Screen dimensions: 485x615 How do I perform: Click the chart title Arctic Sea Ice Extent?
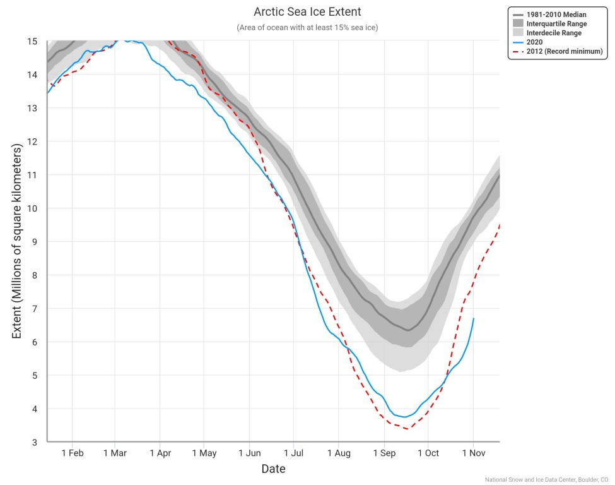tap(307, 12)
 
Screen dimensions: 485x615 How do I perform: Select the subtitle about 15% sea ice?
tap(307, 28)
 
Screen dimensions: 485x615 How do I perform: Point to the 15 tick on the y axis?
tap(33, 42)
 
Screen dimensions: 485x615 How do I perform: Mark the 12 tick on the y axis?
tap(33, 141)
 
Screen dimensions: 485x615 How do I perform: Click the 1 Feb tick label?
tap(73, 453)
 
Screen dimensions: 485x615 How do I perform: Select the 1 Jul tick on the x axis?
tap(293, 453)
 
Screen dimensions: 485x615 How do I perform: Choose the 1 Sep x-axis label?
tap(384, 453)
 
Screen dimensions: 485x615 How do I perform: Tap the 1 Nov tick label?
tap(473, 453)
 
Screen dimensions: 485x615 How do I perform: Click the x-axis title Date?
tap(273, 469)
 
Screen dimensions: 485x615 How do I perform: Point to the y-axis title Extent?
tap(17, 241)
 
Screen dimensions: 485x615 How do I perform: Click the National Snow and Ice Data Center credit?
tap(546, 480)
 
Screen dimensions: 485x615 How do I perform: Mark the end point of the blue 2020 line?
tap(474, 318)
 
